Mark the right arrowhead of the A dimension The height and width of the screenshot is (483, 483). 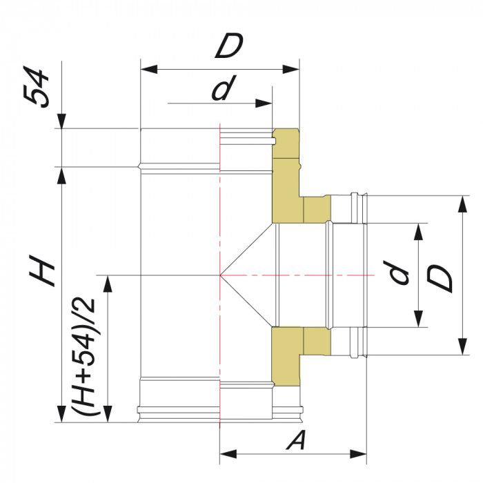(x=359, y=454)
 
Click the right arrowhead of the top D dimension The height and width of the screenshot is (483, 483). (x=293, y=69)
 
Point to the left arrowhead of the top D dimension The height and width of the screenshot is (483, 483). (x=148, y=69)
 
